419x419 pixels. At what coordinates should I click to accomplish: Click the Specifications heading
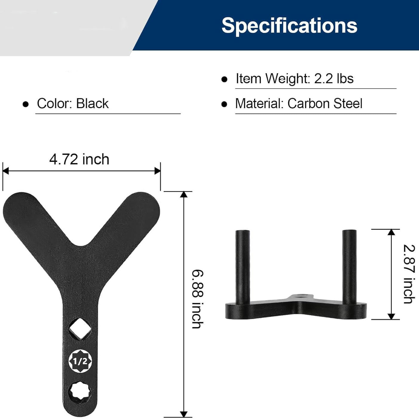(x=289, y=25)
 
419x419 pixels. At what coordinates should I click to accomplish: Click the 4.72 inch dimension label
(x=79, y=159)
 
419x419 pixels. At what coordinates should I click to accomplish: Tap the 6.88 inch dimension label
(x=197, y=299)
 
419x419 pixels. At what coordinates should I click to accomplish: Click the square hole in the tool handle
(x=80, y=329)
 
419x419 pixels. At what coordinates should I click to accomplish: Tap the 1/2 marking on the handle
(x=80, y=361)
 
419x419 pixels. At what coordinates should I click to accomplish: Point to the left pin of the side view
(x=243, y=266)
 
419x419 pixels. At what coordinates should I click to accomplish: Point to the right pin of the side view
(x=349, y=266)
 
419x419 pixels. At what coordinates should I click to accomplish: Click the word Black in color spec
(x=92, y=104)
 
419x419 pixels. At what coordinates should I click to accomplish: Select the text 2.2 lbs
(x=334, y=79)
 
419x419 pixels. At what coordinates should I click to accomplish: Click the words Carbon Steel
(x=325, y=104)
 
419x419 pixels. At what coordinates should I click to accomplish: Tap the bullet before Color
(x=26, y=104)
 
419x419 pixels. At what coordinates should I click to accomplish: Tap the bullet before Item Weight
(x=224, y=79)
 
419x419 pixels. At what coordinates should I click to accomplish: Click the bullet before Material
(x=224, y=104)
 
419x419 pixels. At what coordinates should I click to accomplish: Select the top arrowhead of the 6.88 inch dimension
(x=184, y=194)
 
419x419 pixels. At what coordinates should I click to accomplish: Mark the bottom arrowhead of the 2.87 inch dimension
(x=391, y=316)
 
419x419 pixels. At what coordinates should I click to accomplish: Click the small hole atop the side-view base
(x=300, y=297)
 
